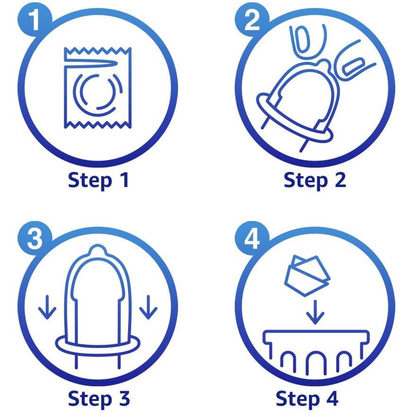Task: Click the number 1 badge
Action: point(35,20)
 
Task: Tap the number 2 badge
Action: point(252,20)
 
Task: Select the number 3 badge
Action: point(35,238)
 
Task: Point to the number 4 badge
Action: point(252,238)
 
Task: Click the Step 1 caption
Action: point(98,181)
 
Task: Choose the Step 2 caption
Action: point(315,181)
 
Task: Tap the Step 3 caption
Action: point(99,399)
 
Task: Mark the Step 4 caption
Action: point(307,399)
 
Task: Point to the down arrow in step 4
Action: point(315,312)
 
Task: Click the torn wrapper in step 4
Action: point(307,275)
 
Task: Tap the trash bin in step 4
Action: point(315,351)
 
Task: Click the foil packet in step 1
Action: point(98,88)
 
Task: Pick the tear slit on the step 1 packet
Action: point(90,63)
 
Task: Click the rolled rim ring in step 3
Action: point(98,344)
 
